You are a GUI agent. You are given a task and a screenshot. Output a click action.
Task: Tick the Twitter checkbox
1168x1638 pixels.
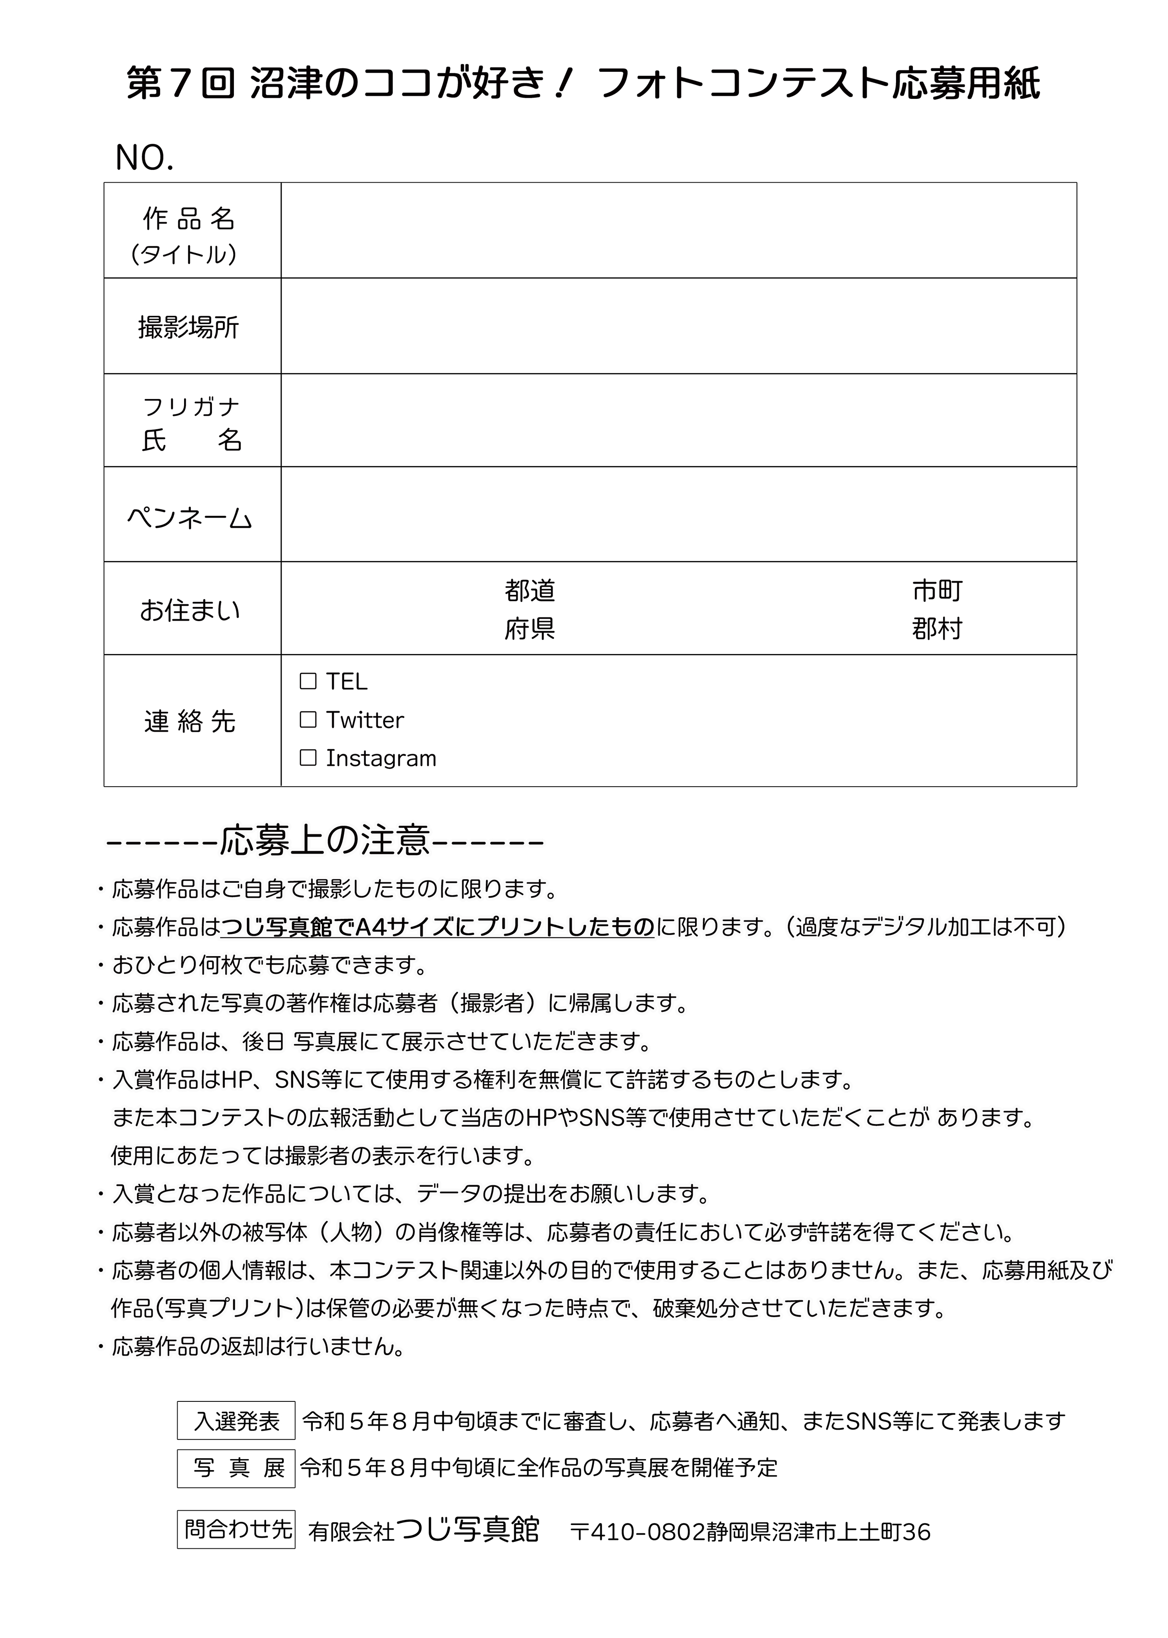coord(308,719)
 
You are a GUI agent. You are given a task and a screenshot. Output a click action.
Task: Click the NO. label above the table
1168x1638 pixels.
coord(144,157)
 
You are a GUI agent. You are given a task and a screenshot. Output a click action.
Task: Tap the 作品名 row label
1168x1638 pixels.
coord(189,218)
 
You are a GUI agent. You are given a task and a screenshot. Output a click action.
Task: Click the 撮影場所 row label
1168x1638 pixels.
coord(189,328)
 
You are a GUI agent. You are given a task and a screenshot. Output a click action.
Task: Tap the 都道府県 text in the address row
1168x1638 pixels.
coord(530,610)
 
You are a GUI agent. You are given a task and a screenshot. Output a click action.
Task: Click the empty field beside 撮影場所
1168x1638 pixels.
coord(678,326)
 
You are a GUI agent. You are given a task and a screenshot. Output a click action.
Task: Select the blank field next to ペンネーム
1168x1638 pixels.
coord(678,514)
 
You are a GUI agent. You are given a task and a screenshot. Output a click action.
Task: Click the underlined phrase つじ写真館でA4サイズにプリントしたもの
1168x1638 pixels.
coord(437,928)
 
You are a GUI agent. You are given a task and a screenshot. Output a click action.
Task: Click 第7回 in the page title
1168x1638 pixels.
coord(180,85)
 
